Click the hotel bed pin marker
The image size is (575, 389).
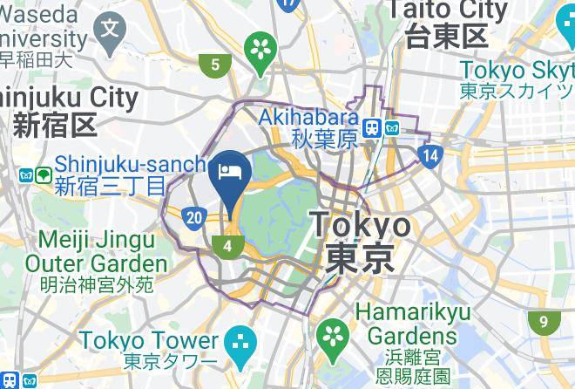click(231, 169)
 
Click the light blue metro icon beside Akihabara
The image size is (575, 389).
click(391, 127)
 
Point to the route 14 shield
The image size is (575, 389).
click(430, 156)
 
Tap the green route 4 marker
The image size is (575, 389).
click(228, 246)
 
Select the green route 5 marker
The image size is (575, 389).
click(213, 64)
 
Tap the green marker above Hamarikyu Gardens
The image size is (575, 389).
click(331, 332)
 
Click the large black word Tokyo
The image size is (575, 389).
click(361, 225)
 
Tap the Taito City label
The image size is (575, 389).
click(447, 10)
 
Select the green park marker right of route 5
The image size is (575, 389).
click(260, 49)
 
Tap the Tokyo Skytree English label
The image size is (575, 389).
click(517, 70)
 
